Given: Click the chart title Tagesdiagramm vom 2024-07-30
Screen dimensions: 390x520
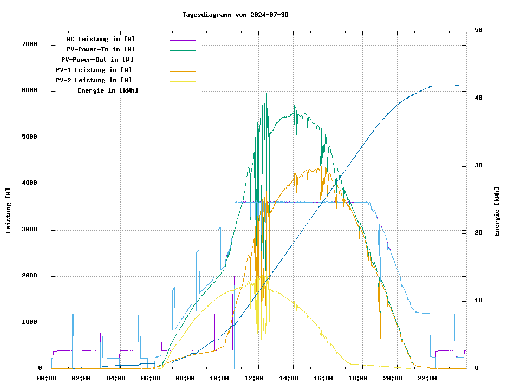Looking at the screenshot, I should (235, 15).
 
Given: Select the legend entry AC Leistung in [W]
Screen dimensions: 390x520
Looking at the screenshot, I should (101, 39).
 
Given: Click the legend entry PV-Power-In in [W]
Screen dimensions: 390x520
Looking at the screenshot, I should (105, 49).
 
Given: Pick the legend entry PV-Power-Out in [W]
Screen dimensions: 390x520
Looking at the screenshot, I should (97, 60).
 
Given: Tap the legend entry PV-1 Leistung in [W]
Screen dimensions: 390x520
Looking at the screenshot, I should (94, 70).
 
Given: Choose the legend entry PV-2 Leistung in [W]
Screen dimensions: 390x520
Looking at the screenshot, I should (94, 80).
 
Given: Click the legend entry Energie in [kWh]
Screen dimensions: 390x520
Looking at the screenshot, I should (108, 90).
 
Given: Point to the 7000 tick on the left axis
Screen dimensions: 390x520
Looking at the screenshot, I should (29, 44).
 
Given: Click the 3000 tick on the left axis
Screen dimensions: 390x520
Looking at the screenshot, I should (29, 230).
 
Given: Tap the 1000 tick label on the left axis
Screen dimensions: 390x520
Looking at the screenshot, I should (29, 323).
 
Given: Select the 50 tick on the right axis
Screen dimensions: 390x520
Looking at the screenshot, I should (478, 30).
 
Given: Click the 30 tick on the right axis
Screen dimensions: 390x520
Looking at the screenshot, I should (478, 166).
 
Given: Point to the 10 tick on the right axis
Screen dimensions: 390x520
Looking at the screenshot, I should (478, 301).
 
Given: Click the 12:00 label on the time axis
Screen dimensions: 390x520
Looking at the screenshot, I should (254, 378).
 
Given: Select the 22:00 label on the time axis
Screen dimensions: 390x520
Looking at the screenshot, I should (427, 378).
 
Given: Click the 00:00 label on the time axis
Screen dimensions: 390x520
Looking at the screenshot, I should (47, 378).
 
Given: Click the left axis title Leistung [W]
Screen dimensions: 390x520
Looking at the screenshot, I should (9, 211).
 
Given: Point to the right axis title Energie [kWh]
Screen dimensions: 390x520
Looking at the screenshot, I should (497, 211).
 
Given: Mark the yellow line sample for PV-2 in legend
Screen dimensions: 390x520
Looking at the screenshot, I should (183, 81).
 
